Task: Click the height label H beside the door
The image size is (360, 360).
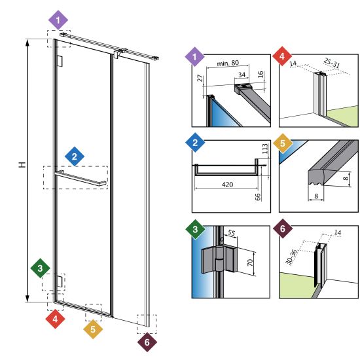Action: [22, 164]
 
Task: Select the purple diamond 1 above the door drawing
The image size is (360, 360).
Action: [58, 20]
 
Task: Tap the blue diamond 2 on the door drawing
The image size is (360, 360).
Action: [75, 156]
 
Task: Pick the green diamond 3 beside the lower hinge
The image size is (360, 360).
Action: [40, 268]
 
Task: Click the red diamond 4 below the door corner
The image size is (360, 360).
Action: [55, 319]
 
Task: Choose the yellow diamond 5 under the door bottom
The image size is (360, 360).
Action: [93, 329]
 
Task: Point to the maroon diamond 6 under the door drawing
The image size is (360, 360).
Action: [147, 342]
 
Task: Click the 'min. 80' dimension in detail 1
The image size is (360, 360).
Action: [228, 63]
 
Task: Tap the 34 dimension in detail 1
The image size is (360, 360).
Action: [242, 75]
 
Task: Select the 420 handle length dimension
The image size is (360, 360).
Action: [227, 185]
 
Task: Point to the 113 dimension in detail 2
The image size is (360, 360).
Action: [265, 149]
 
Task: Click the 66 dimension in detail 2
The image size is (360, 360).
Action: [258, 197]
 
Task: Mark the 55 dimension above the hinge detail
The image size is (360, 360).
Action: [232, 233]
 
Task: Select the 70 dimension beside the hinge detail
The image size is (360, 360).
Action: [250, 262]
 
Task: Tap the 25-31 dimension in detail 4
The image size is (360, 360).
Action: [332, 63]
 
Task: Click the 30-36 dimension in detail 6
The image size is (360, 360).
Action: [291, 257]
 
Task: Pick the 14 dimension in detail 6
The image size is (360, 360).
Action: [338, 232]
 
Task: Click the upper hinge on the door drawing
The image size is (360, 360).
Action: [60, 61]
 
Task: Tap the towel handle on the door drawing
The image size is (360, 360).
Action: [81, 178]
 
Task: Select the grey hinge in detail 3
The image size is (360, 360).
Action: [219, 259]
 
